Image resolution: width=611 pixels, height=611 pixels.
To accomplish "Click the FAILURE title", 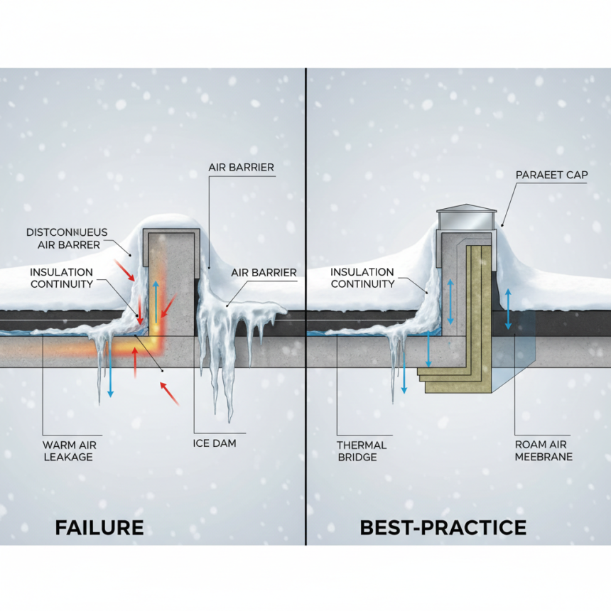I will [x=99, y=528].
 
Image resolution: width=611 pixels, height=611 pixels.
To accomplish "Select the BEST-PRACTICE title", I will [x=443, y=528].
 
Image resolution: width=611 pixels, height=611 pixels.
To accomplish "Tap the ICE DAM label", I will [x=215, y=443].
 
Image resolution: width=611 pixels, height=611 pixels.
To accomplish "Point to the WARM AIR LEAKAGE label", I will [x=68, y=450].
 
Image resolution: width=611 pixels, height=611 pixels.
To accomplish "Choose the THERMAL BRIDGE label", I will [x=361, y=450].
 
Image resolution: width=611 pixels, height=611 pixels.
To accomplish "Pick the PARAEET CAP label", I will [x=551, y=174].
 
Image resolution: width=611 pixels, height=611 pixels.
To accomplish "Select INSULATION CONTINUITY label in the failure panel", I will [x=61, y=278].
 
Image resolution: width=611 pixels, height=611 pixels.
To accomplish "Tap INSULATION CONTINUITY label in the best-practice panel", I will [x=362, y=278].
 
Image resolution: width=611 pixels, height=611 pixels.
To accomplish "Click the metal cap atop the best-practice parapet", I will [x=466, y=217].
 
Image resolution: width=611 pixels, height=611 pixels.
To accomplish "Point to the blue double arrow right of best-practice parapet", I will [x=507, y=308].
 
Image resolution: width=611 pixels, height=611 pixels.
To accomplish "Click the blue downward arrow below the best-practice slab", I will [x=404, y=369].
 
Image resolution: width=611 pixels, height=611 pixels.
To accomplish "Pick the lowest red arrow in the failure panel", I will [x=168, y=393].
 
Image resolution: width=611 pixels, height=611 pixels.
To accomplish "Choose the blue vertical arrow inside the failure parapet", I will [x=155, y=302].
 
